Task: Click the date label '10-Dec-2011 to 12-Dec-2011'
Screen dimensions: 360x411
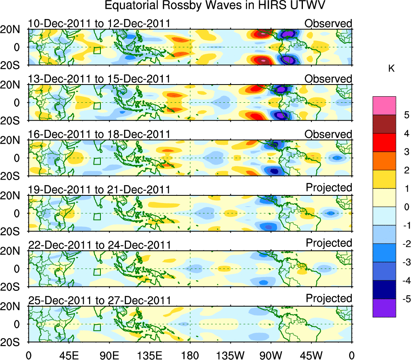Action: (99, 23)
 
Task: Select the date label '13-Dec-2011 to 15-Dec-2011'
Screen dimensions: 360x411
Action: (99, 78)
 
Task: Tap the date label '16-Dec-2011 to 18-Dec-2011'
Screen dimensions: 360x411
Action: (99, 134)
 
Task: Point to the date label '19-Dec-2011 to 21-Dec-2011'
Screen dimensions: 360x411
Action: (99, 190)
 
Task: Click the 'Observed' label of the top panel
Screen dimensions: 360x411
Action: (328, 23)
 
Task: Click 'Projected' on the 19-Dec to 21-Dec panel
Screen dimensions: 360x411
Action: (329, 188)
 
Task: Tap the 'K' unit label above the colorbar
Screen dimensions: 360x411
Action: (391, 69)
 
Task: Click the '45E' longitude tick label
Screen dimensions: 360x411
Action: (69, 355)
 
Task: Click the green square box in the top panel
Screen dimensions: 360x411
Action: (97, 51)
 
